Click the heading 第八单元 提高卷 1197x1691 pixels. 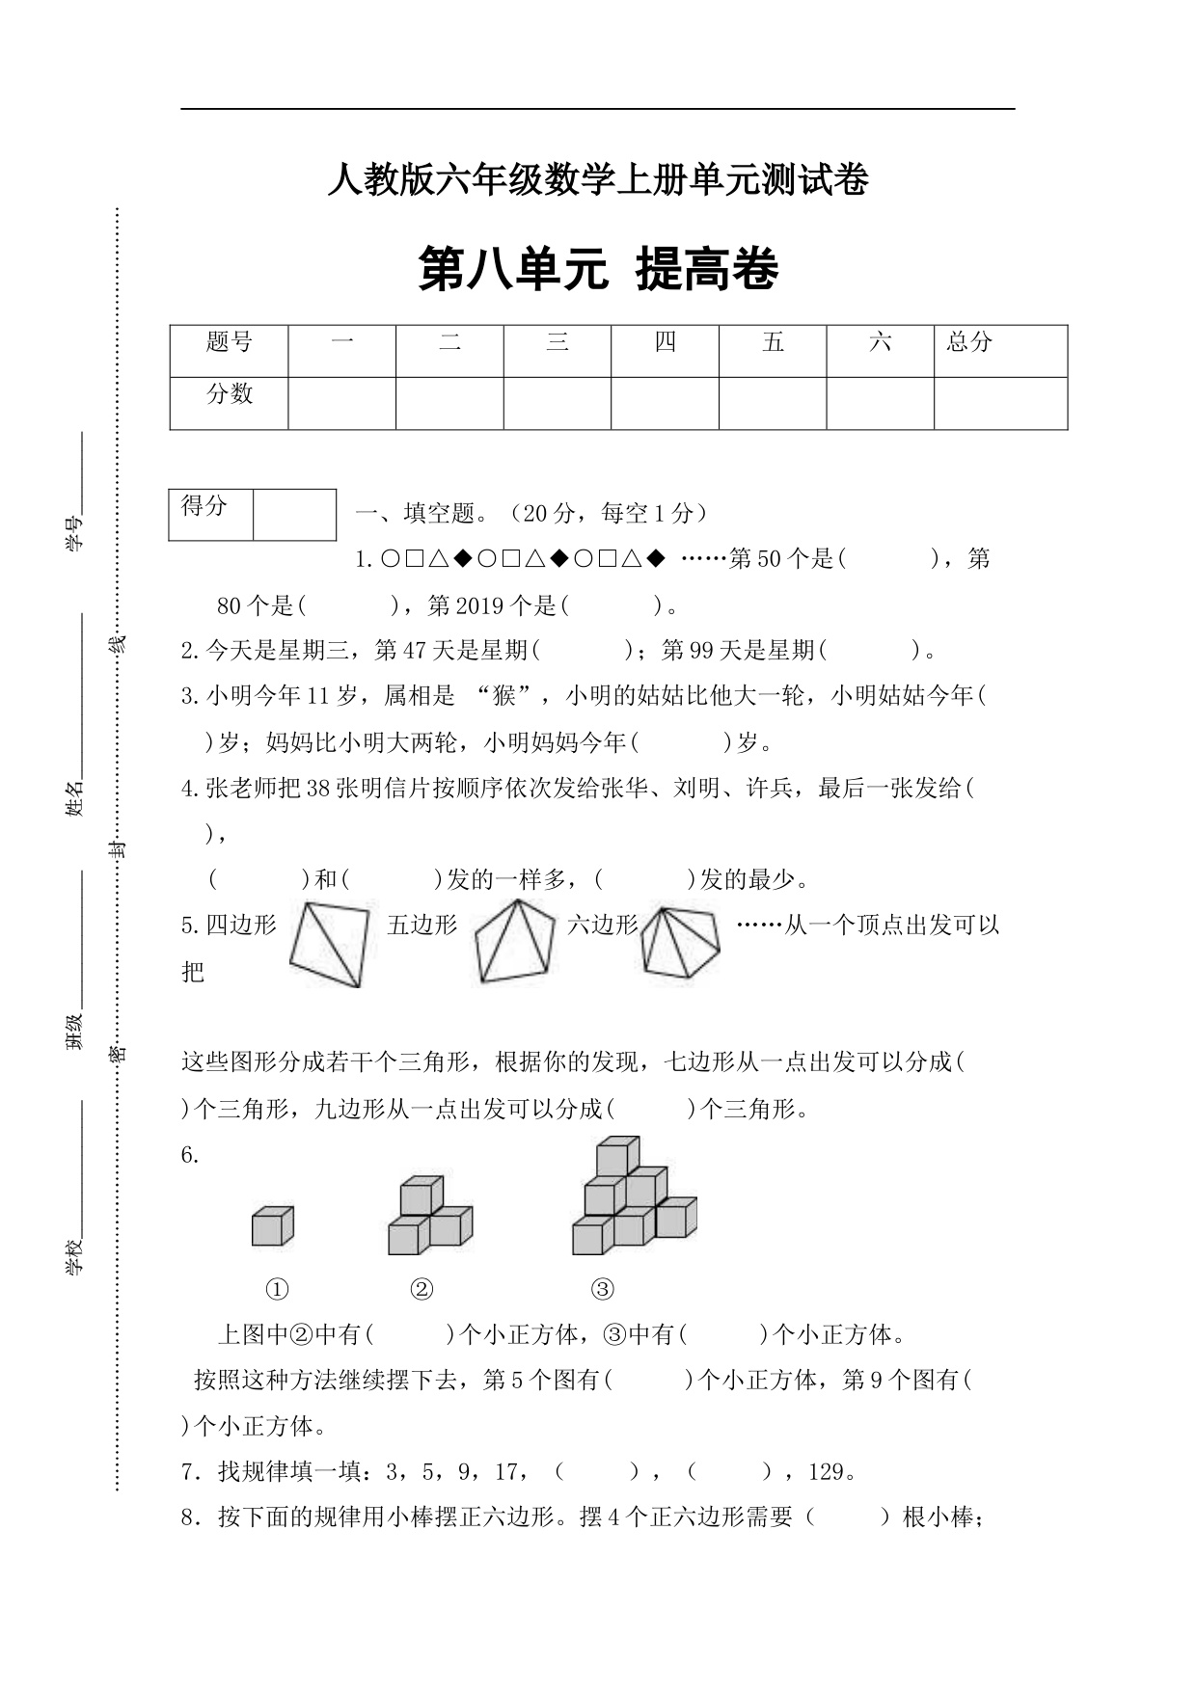(598, 270)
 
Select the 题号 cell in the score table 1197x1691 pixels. (229, 342)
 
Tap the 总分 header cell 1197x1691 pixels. (969, 342)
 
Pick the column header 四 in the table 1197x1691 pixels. (665, 342)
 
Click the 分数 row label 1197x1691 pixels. (229, 393)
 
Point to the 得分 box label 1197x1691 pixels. (204, 505)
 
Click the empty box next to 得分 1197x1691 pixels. (294, 514)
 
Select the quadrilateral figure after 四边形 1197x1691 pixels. (329, 944)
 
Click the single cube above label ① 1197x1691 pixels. (272, 1226)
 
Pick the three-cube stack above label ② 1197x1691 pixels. (429, 1216)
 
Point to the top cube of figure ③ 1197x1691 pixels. (617, 1157)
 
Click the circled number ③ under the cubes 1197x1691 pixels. (602, 1289)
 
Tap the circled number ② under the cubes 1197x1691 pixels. (422, 1289)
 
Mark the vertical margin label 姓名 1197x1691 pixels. (75, 798)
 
